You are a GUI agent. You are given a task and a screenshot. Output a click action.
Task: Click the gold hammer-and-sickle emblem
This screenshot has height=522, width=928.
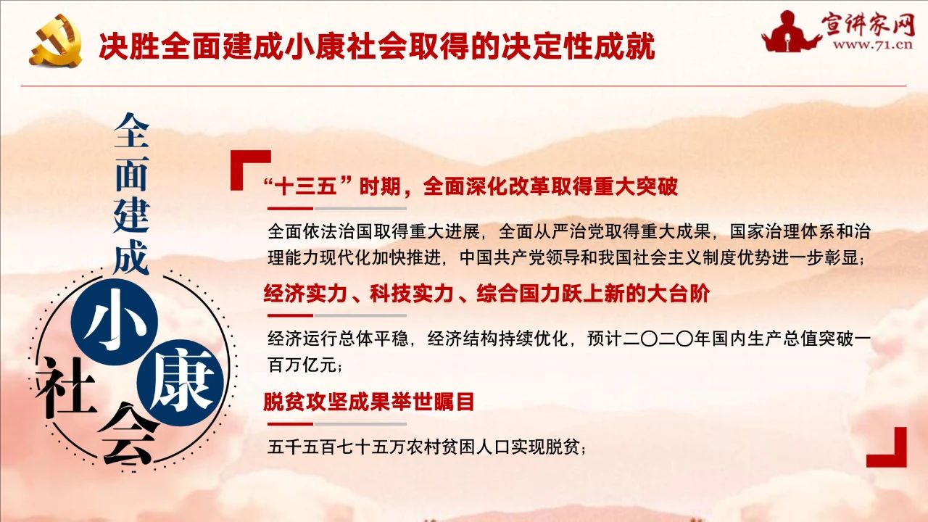pyautogui.click(x=56, y=40)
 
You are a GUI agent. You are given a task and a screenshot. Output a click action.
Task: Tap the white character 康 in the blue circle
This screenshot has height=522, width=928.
pyautogui.click(x=181, y=384)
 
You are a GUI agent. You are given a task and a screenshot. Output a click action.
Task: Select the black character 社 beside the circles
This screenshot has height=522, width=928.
pyautogui.click(x=66, y=387)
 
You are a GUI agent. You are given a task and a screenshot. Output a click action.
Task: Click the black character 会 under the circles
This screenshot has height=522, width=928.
pyautogui.click(x=129, y=435)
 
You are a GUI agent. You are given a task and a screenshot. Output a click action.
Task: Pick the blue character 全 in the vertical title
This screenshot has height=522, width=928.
pyautogui.click(x=131, y=130)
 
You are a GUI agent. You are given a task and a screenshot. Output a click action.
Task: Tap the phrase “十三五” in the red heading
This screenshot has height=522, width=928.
pyautogui.click(x=307, y=187)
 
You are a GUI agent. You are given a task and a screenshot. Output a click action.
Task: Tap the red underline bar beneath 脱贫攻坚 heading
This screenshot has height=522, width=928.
pyautogui.click(x=291, y=424)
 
